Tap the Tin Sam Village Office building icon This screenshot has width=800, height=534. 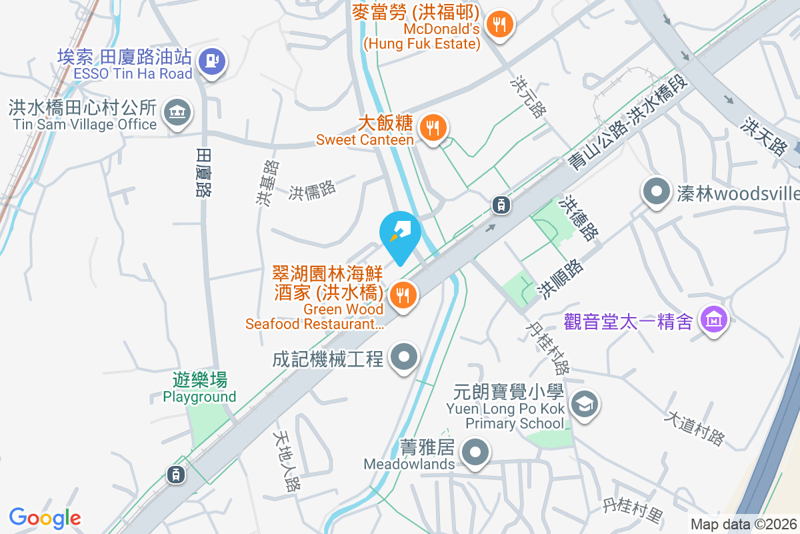(x=177, y=111)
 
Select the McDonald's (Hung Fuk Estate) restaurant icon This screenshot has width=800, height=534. (x=499, y=25)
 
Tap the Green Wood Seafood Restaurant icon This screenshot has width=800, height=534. (x=402, y=294)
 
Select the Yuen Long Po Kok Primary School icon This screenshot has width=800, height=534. (x=584, y=403)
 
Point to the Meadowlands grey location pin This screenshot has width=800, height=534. (x=475, y=453)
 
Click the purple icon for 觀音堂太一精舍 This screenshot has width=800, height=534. (x=713, y=320)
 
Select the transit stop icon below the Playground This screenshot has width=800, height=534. (x=175, y=475)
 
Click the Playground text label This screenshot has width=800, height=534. (x=199, y=396)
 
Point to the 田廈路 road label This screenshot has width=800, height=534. (x=203, y=172)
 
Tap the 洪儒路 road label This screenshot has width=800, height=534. (x=312, y=190)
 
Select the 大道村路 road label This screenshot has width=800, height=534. (x=694, y=428)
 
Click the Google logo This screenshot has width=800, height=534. (x=45, y=517)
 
